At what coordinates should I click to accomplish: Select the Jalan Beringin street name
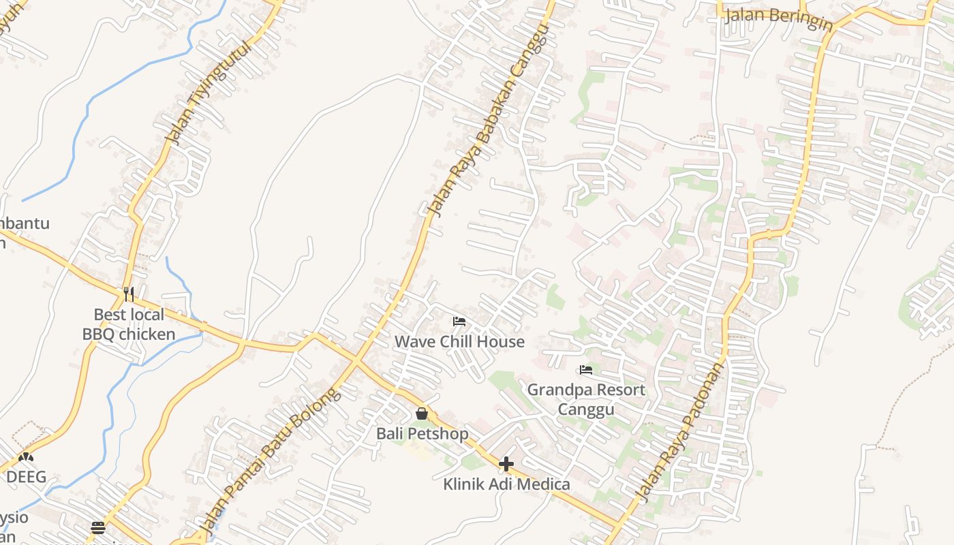[x=778, y=18]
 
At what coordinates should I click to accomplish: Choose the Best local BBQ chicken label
[x=129, y=324]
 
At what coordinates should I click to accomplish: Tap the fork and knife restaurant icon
[x=129, y=294]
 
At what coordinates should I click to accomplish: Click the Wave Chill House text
[x=459, y=341]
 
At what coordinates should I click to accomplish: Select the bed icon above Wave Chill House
[x=459, y=321]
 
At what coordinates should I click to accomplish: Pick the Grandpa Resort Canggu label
[x=586, y=399]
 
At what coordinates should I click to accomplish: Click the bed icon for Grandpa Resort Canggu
[x=585, y=370]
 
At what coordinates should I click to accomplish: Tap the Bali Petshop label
[x=422, y=433]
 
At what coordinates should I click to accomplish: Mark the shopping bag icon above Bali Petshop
[x=422, y=413]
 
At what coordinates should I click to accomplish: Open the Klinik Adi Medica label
[x=506, y=484]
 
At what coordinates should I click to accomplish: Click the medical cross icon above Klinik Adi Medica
[x=506, y=464]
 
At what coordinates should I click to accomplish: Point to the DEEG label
[x=26, y=477]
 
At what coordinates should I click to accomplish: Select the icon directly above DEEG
[x=26, y=457]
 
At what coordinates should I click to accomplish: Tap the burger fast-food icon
[x=98, y=528]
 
